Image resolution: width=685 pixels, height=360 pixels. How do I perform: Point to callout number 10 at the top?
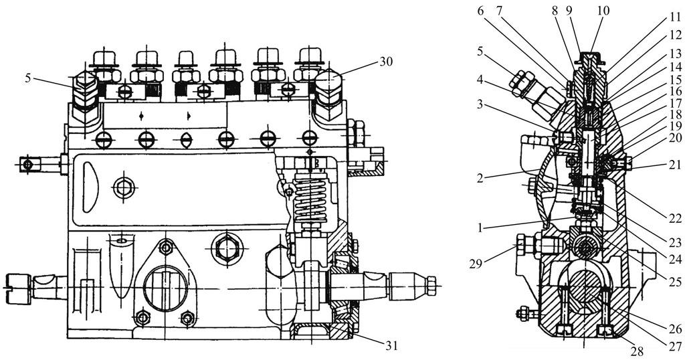click(x=603, y=10)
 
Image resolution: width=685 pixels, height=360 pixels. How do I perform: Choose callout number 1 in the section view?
click(x=480, y=228)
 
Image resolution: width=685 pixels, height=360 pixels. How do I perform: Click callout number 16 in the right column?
click(x=676, y=91)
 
